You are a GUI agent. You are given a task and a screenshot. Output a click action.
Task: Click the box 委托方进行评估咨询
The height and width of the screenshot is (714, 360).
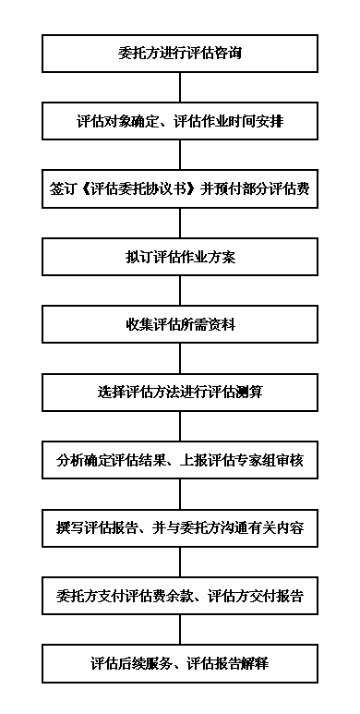(180, 54)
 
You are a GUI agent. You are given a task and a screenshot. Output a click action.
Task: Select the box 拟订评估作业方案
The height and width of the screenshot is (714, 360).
(180, 256)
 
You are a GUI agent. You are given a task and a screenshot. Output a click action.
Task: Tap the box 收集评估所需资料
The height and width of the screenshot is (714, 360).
(180, 323)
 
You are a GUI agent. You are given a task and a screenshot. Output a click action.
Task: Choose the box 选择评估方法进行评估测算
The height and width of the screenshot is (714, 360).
(180, 391)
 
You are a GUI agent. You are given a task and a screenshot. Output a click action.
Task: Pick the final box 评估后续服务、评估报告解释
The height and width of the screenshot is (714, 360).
(180, 662)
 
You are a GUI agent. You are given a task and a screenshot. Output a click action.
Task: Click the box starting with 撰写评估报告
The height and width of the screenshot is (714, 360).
(180, 527)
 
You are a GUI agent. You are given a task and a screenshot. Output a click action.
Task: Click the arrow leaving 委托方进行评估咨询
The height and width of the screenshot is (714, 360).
(180, 87)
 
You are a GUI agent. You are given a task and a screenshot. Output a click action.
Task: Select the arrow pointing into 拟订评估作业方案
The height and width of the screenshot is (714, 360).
(180, 223)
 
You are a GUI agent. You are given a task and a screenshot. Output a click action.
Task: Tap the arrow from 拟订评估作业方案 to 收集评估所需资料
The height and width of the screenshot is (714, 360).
(180, 290)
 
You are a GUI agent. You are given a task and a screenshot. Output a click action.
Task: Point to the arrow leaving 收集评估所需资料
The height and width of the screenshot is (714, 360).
(180, 357)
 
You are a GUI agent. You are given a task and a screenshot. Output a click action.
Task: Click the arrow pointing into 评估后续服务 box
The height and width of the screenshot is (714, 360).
(180, 629)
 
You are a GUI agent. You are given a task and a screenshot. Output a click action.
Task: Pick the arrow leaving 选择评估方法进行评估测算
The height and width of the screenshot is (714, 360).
(180, 425)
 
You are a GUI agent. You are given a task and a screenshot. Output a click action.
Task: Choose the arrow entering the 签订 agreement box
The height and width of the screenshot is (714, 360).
(180, 155)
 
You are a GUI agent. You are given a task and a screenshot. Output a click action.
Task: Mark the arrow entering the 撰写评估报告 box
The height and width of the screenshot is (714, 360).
(180, 493)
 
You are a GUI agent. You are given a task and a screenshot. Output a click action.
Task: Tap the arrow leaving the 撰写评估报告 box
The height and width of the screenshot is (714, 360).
(180, 561)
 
